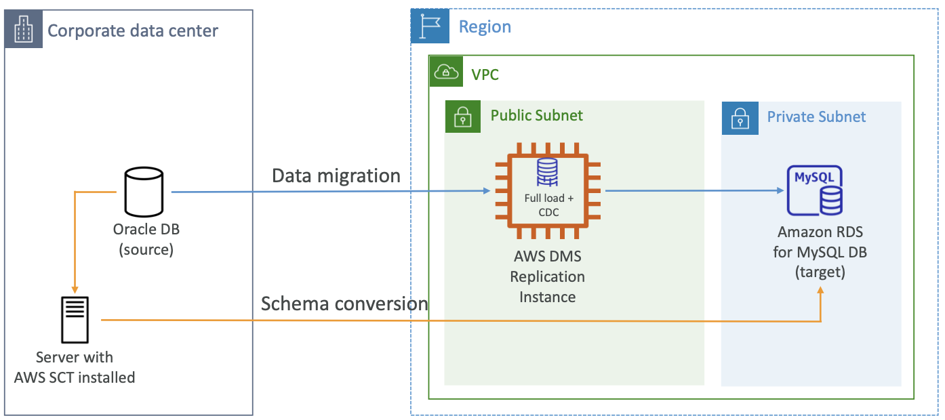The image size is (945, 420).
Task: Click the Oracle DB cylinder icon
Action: (144, 190)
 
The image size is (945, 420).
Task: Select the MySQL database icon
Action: (814, 190)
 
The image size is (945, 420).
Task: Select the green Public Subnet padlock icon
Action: (462, 116)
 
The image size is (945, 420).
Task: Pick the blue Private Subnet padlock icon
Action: (739, 117)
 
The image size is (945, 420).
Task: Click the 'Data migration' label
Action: (336, 176)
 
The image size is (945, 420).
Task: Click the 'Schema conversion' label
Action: (344, 303)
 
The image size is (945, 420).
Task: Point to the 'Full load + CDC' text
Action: (548, 205)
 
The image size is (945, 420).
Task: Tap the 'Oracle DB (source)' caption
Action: (146, 239)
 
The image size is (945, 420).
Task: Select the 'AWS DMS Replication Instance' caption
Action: (547, 276)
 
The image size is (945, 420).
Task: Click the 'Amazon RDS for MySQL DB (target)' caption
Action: (820, 252)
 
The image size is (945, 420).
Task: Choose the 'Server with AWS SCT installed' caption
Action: (75, 367)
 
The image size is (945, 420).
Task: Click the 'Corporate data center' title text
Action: (133, 30)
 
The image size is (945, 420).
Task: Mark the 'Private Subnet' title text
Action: (816, 117)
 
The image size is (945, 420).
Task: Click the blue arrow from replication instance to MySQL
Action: (691, 191)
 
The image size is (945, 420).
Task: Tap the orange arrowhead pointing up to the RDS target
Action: (821, 290)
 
